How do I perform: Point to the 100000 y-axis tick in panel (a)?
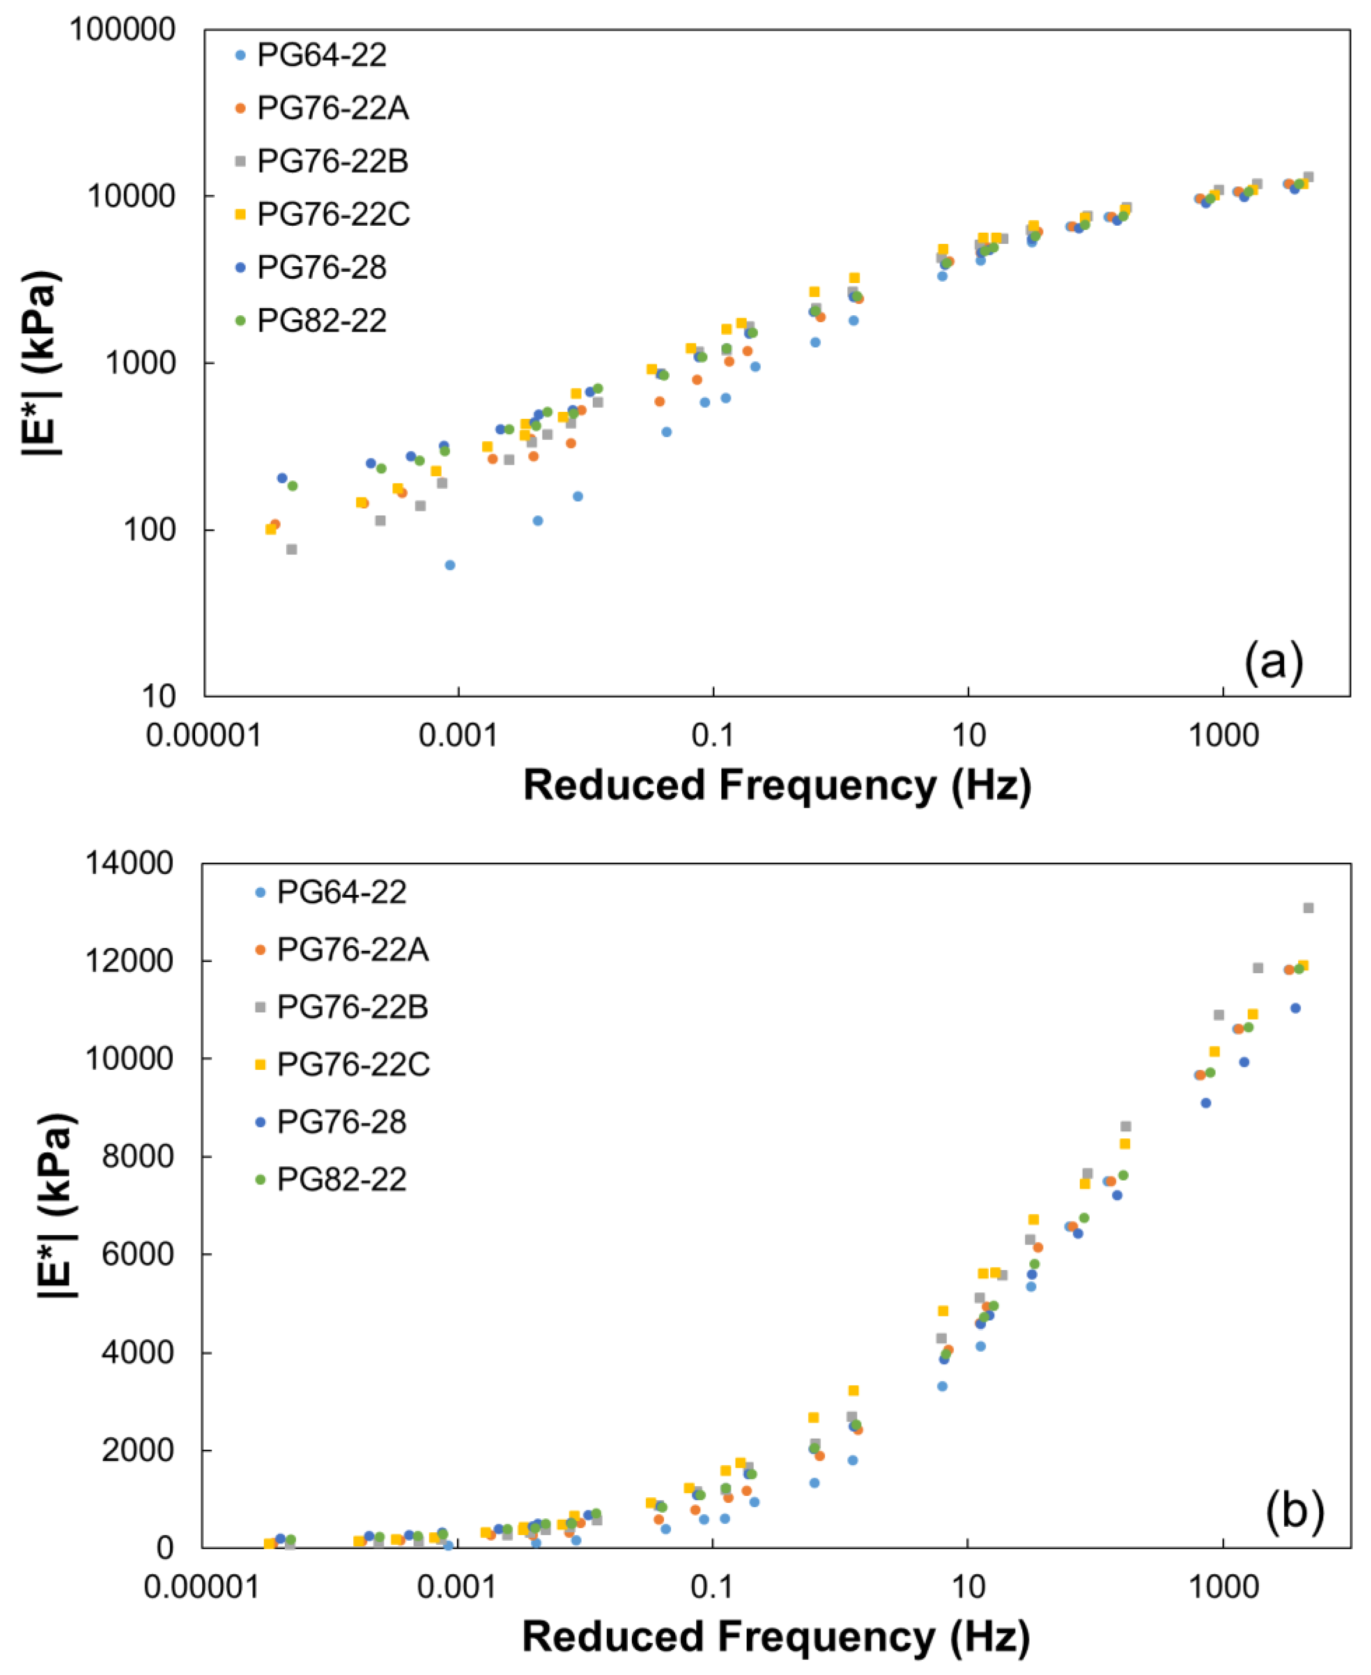[123, 30]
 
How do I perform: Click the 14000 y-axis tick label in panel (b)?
[129, 863]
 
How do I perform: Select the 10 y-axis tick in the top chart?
[158, 696]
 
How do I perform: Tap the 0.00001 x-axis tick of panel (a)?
[204, 735]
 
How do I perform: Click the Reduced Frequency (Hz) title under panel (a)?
[777, 785]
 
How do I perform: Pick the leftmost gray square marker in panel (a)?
[291, 549]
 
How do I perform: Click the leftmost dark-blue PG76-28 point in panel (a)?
[282, 478]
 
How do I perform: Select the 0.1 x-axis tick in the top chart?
[713, 735]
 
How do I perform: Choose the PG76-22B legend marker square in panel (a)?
[241, 161]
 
